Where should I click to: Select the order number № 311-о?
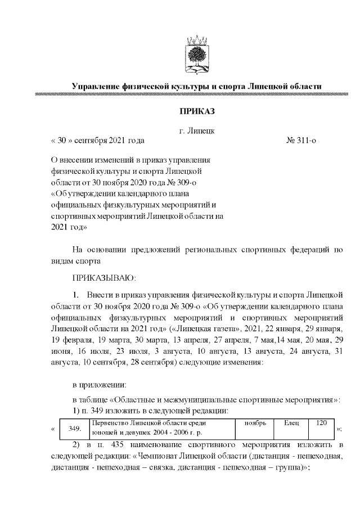pyautogui.click(x=301, y=140)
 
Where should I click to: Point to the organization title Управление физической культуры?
pyautogui.click(x=197, y=86)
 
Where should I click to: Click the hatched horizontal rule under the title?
pyautogui.click(x=197, y=96)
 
